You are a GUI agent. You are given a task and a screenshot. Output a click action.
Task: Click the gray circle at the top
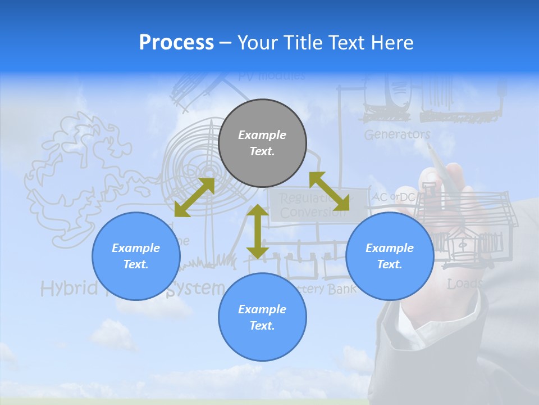pos(262,143)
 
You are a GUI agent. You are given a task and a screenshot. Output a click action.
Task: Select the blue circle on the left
pos(136,256)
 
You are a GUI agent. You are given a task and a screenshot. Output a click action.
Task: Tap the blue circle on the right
pos(390,256)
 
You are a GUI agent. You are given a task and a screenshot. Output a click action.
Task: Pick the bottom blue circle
pos(262,317)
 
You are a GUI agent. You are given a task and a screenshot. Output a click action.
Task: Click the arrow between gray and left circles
pos(194,197)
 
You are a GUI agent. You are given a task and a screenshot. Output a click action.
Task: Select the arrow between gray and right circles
pos(329,191)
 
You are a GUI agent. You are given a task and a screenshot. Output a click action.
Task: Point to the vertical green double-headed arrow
pos(258,231)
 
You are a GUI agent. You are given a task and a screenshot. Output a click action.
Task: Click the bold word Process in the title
pos(176,43)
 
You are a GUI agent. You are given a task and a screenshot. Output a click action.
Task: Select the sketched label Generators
pos(397,134)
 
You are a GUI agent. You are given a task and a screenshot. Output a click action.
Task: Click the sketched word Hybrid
pos(62,289)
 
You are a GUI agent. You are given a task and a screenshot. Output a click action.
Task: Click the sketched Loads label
pos(464,284)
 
